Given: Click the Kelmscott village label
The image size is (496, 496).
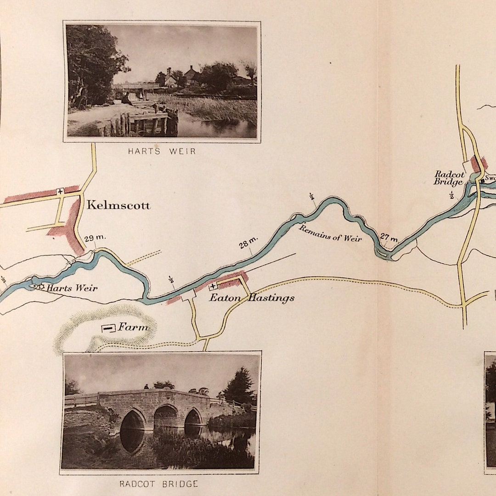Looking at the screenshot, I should [x=118, y=205].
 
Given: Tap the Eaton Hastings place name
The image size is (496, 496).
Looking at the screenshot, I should [x=252, y=298].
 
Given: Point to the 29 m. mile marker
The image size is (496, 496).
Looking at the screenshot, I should [x=95, y=237].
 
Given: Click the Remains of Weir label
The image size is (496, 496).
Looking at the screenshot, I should [x=330, y=232].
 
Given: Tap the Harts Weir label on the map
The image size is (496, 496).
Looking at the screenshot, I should [x=72, y=288].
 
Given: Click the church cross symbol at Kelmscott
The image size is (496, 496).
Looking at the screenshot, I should [x=60, y=191].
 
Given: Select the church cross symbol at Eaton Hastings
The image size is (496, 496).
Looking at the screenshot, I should [x=213, y=287].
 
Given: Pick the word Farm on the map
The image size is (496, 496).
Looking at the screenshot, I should [x=133, y=327].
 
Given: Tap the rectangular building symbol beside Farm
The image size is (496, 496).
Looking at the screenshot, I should [x=108, y=328].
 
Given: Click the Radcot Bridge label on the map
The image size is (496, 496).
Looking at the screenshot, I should [x=449, y=178].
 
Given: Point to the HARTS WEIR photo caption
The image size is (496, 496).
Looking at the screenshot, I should [x=161, y=151].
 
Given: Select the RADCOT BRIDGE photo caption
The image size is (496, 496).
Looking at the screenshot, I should [x=159, y=484].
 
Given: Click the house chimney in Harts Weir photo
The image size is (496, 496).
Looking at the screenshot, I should [x=169, y=72].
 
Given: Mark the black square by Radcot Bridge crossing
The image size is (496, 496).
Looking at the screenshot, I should [x=483, y=180].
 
